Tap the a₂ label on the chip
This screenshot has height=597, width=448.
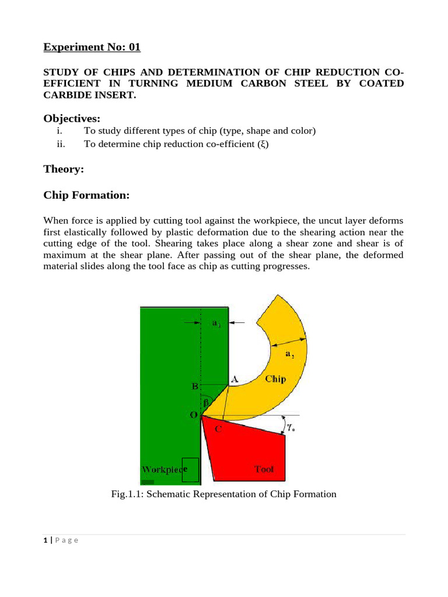tap(290, 353)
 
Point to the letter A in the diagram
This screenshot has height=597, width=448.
tap(235, 379)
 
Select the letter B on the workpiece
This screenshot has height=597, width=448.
tap(195, 387)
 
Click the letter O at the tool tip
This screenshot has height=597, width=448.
tap(193, 415)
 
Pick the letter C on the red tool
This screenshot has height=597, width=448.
tap(218, 430)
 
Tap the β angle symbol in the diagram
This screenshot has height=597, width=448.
tap(205, 402)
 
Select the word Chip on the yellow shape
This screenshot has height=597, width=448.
tap(275, 379)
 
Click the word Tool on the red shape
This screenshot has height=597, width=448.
tap(264, 469)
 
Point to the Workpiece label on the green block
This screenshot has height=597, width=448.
tap(164, 469)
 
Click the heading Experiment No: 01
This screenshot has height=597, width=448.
tap(92, 47)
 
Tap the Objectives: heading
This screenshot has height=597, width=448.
tap(72, 118)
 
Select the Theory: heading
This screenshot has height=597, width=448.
tap(64, 169)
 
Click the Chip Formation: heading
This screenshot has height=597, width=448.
tap(86, 195)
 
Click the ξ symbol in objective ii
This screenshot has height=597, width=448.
tap(262, 144)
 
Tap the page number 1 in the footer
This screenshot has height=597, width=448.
tap(45, 540)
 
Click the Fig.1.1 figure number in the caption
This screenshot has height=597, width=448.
tap(126, 494)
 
